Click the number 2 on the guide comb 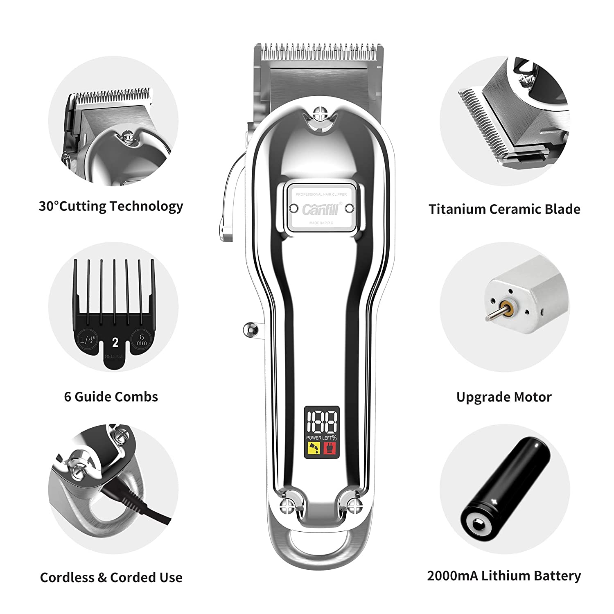[x=115, y=342]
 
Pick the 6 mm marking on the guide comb [x=142, y=339]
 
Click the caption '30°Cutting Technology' [x=111, y=206]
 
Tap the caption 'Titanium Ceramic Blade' [x=504, y=209]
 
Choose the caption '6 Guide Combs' [x=111, y=397]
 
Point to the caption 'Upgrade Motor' [x=504, y=397]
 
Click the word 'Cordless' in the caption [x=68, y=577]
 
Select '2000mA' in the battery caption [x=452, y=576]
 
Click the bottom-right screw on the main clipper [x=352, y=504]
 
